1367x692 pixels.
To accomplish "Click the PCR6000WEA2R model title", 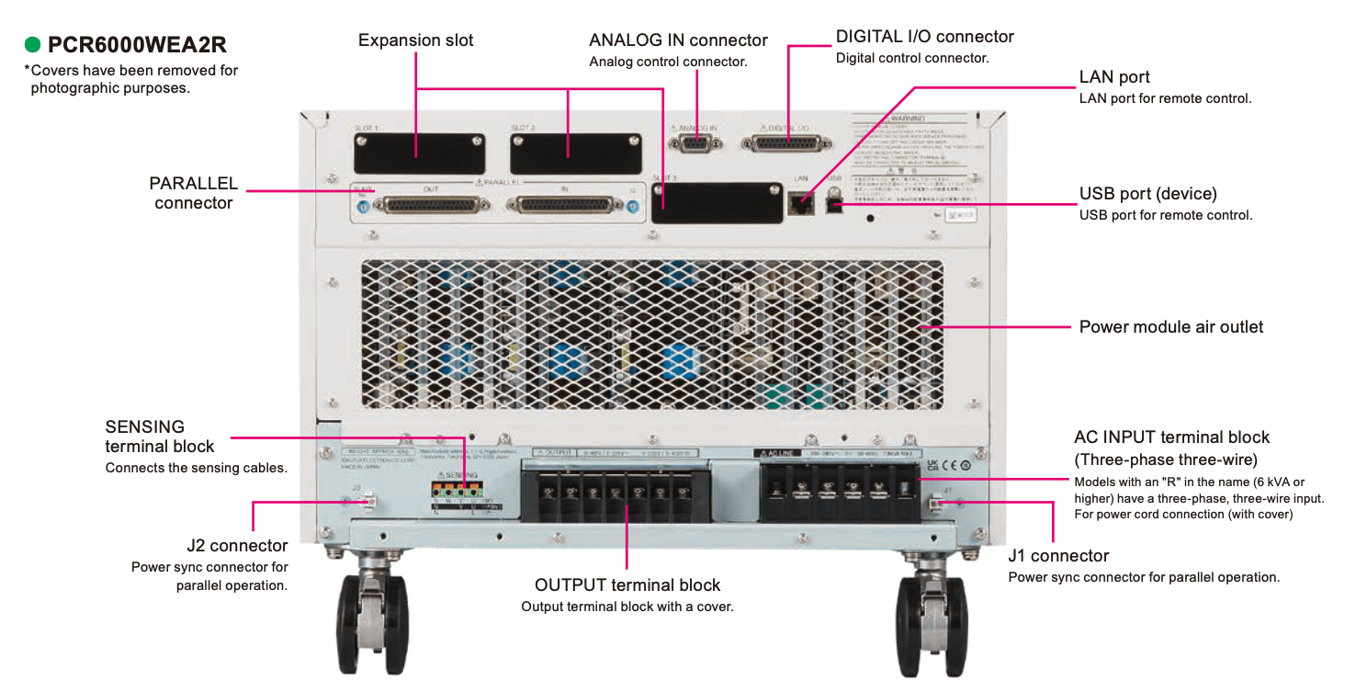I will pos(137,44).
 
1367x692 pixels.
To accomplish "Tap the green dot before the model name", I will pos(33,44).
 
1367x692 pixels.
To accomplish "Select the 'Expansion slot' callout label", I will pos(415,40).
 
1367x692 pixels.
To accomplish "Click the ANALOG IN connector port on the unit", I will pos(695,143).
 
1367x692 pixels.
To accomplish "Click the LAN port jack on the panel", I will pos(800,203).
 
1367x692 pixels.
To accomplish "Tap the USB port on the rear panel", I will pos(835,202).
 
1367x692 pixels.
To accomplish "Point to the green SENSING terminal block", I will pos(457,491).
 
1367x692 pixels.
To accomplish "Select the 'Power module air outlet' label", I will pos(1170,327).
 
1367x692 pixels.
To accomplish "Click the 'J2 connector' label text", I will pos(236,547).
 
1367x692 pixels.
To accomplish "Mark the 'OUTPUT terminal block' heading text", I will pos(627,585).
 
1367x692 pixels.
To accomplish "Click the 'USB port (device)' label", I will pos(1147,194).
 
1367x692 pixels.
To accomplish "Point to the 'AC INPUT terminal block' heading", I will pos(1171,437).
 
